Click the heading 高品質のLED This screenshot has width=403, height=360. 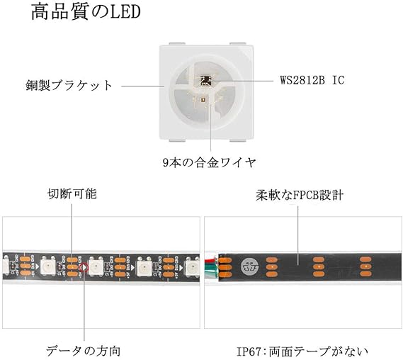tap(86, 12)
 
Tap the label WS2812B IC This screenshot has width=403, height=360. tap(312, 80)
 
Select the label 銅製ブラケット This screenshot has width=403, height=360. tap(69, 85)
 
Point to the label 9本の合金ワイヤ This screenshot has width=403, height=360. tap(210, 162)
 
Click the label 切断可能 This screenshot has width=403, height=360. tap(72, 194)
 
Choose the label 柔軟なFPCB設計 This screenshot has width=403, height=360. tap(300, 196)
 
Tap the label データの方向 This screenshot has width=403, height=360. tap(83, 351)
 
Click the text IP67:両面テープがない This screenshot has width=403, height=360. tap(302, 351)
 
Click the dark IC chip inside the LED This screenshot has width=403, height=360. tap(206, 81)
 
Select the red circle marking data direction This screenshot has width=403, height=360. tap(84, 267)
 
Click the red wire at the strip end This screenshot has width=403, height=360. tap(211, 261)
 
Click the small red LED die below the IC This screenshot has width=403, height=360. tap(203, 99)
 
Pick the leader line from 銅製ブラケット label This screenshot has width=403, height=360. tap(142, 86)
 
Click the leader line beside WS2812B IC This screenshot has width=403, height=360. tap(242, 81)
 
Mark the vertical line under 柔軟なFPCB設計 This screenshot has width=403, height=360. tap(298, 235)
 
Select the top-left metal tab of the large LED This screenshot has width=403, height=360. tap(177, 44)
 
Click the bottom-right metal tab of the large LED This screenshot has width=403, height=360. tap(238, 140)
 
